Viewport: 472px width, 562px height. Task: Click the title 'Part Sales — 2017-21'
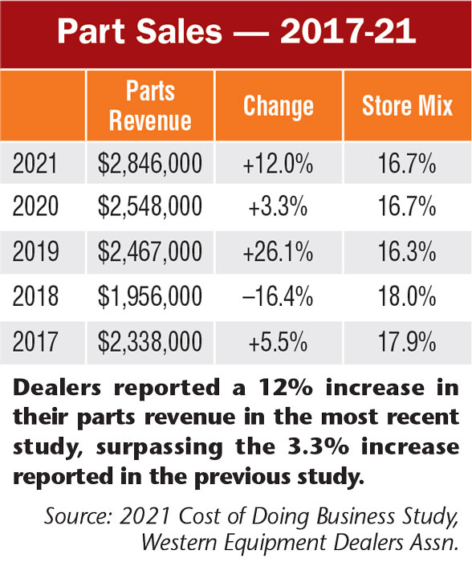pos(236,33)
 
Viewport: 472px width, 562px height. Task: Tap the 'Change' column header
pos(278,106)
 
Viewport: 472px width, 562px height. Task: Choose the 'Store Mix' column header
pos(407,106)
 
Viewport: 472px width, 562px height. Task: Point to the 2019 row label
pos(36,252)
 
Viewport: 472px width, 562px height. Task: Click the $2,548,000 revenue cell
pos(150,208)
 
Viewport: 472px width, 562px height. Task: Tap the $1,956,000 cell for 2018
pos(150,297)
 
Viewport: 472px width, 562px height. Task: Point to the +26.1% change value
pos(277,252)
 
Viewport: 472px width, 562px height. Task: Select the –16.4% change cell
pos(277,297)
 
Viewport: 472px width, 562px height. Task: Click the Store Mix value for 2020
pos(407,208)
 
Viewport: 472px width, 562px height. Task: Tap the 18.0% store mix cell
pos(407,297)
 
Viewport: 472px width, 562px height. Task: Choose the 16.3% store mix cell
pos(407,252)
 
